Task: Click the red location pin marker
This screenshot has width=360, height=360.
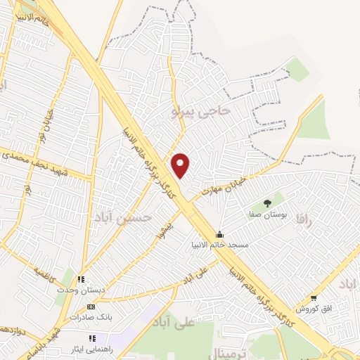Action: click(x=181, y=165)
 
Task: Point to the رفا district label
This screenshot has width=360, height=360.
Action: click(x=303, y=220)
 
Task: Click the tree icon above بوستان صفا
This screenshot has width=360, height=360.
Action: click(x=266, y=203)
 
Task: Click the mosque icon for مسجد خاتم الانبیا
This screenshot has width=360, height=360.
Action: click(x=219, y=235)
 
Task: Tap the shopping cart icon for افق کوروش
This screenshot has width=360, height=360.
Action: click(x=313, y=298)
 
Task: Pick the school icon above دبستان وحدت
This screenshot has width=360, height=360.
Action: click(x=81, y=279)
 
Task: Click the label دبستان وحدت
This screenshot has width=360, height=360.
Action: click(x=81, y=289)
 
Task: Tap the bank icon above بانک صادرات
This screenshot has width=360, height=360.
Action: click(x=91, y=307)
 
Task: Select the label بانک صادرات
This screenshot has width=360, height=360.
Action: click(x=91, y=317)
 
